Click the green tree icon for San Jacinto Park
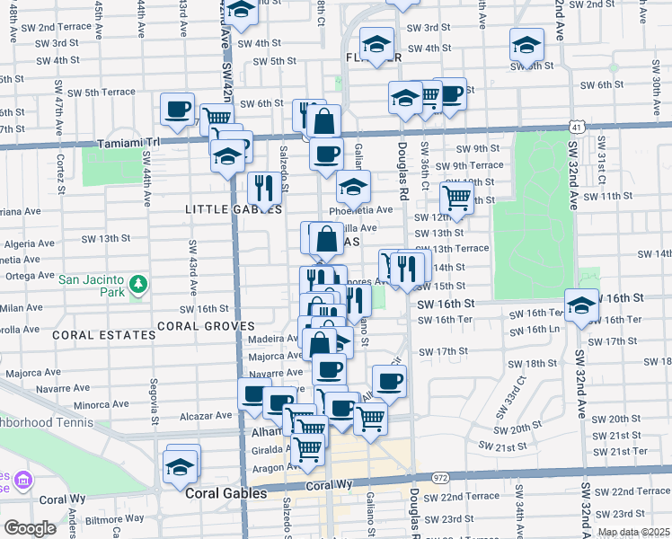coord(137,286)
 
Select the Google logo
coord(30,528)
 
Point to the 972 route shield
coord(439,477)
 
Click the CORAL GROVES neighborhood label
coord(205,325)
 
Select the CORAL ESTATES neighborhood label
coord(104,334)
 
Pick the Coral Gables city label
coord(225,493)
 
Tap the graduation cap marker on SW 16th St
coord(581,305)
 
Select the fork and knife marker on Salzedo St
coord(263,188)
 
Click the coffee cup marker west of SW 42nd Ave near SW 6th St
coord(177,109)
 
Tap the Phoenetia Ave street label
coord(362,210)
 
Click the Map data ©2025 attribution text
coord(632,532)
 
